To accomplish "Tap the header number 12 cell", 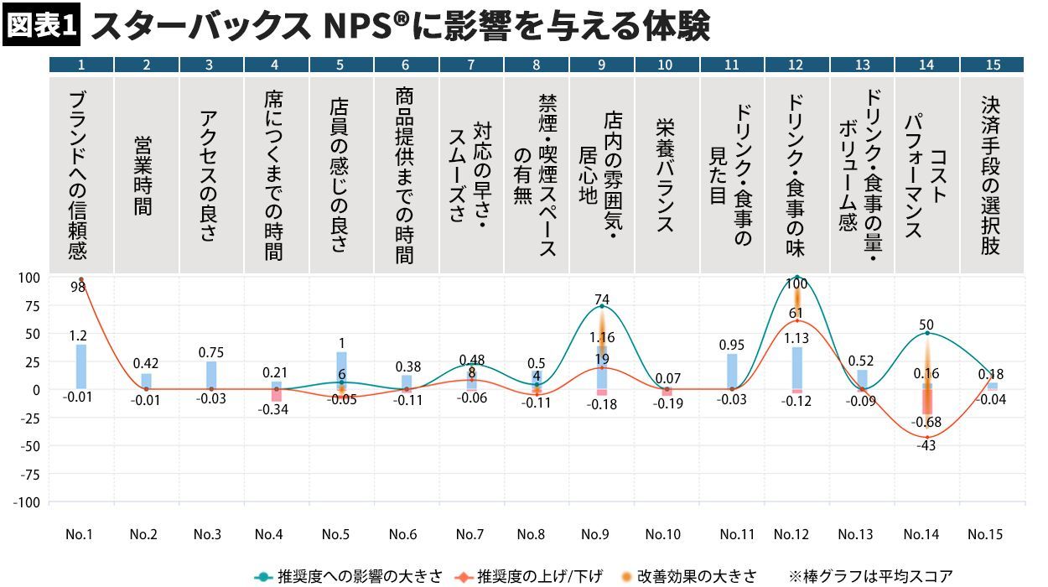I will pyautogui.click(x=796, y=65).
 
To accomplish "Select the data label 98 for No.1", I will pyautogui.click(x=78, y=287).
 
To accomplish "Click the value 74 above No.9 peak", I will pyautogui.click(x=602, y=298).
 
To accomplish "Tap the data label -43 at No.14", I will pyautogui.click(x=926, y=445).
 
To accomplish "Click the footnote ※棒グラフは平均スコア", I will pyautogui.click(x=870, y=576).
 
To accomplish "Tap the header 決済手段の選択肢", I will pyautogui.click(x=991, y=174).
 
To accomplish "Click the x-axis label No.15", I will pyautogui.click(x=986, y=534).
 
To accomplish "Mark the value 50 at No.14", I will pyautogui.click(x=926, y=325).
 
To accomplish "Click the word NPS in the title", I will pyautogui.click(x=359, y=27).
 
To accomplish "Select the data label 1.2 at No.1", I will pyautogui.click(x=79, y=335).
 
